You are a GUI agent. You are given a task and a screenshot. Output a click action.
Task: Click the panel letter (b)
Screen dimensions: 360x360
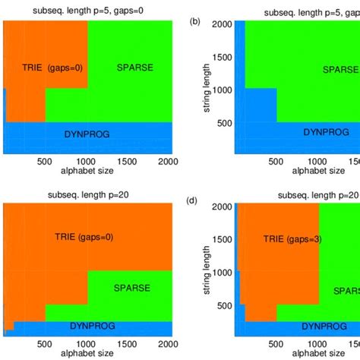click(x=195, y=21)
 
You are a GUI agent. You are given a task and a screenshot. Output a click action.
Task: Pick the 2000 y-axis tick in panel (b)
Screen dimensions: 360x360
click(x=223, y=25)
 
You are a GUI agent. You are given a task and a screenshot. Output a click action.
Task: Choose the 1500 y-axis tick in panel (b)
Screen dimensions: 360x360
click(x=223, y=57)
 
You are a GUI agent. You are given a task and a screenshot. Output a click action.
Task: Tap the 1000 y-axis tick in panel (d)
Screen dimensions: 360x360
click(x=223, y=272)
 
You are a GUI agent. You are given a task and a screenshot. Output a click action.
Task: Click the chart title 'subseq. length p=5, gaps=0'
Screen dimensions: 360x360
click(x=86, y=11)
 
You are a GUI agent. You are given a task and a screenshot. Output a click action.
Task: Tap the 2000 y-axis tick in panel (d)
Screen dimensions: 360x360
click(x=223, y=207)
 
